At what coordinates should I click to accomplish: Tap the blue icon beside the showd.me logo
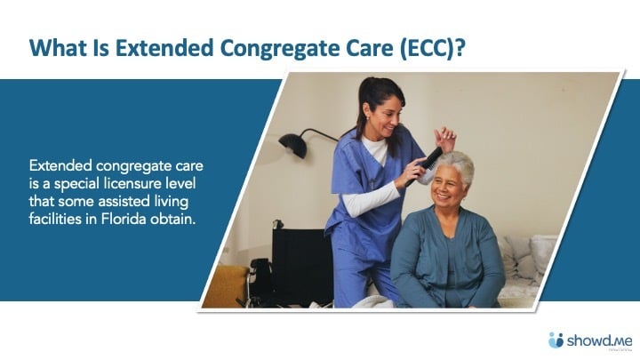(x=556, y=339)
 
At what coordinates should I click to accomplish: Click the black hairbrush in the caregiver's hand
(x=431, y=158)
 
